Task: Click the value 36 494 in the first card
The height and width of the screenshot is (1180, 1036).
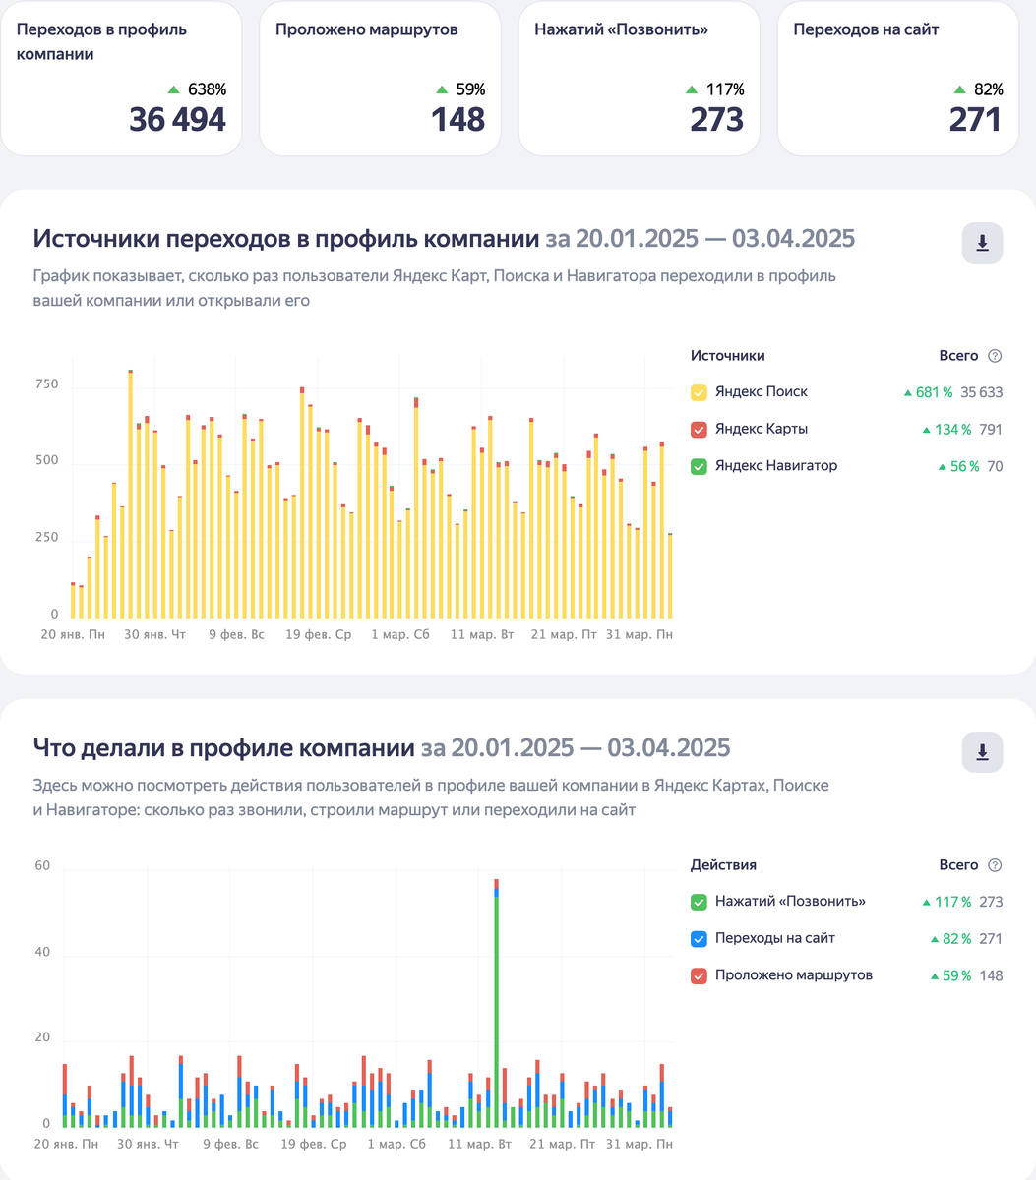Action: (177, 120)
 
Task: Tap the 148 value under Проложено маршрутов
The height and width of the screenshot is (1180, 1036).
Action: (457, 120)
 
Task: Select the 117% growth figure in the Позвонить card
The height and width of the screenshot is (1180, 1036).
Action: (725, 89)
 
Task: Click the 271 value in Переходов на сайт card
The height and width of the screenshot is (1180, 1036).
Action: (975, 120)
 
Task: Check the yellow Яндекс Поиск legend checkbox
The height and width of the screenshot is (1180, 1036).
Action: (700, 392)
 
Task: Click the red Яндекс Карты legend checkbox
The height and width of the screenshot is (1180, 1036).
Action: (700, 430)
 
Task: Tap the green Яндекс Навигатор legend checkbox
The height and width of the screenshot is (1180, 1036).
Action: (700, 466)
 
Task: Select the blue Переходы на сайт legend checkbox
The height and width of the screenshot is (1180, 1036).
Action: (700, 939)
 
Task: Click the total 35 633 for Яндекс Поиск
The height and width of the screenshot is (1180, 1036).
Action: (981, 392)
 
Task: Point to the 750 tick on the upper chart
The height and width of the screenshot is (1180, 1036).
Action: (47, 384)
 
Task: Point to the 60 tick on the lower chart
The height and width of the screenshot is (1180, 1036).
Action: (42, 866)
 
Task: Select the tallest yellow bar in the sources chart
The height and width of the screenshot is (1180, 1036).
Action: (130, 492)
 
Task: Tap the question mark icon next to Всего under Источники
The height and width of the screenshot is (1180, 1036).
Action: (995, 356)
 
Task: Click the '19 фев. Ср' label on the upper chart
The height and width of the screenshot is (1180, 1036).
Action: (318, 635)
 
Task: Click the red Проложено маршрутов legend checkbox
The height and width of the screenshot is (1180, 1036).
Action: (700, 975)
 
